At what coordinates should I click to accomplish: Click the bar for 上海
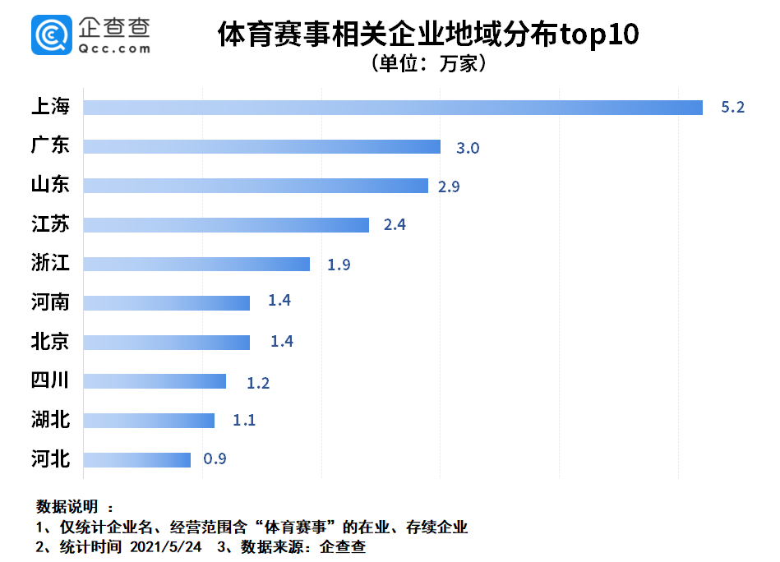(393, 108)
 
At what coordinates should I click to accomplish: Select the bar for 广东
(262, 147)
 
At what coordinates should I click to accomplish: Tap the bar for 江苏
(226, 225)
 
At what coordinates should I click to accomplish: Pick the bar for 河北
(136, 459)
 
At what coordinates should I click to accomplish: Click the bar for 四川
(155, 381)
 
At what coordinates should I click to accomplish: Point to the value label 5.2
(732, 108)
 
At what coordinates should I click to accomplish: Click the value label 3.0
(468, 148)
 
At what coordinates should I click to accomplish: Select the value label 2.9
(449, 187)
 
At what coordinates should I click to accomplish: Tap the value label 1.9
(339, 265)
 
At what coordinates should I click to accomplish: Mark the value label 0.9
(215, 458)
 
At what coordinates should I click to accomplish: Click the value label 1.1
(244, 420)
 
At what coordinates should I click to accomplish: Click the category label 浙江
(50, 264)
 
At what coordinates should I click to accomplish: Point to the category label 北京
(50, 342)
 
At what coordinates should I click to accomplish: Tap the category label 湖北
(50, 420)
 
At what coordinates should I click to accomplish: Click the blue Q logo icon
(52, 35)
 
